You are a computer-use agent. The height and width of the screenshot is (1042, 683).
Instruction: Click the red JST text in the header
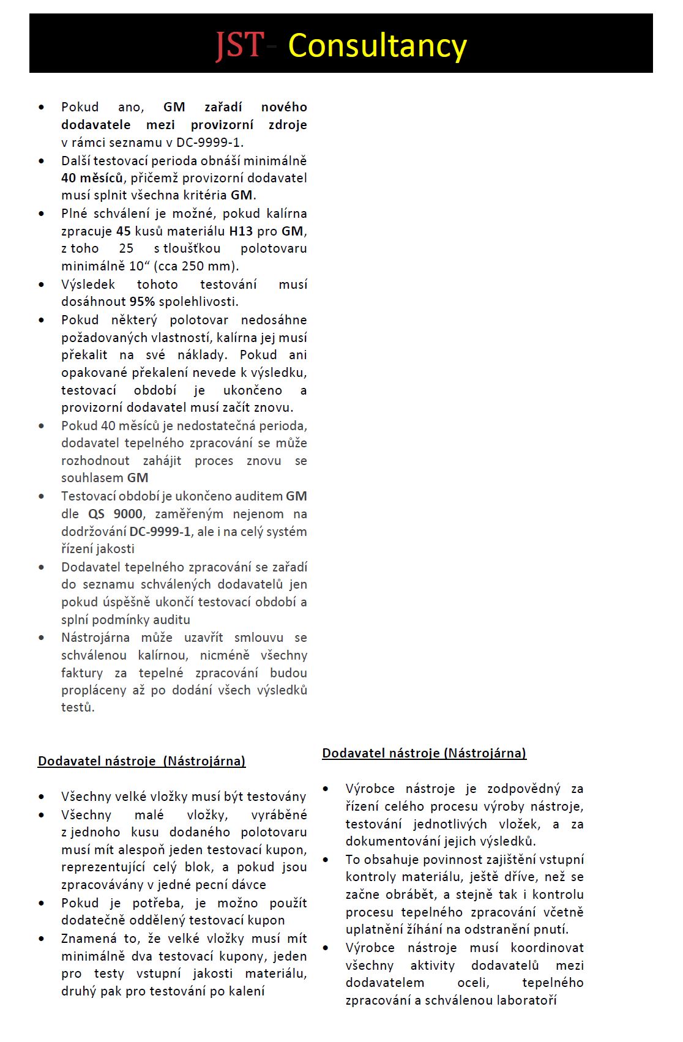click(x=239, y=46)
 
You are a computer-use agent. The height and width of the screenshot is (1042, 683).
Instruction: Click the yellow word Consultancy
click(x=377, y=46)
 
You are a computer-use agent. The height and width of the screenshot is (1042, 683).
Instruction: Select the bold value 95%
click(x=142, y=302)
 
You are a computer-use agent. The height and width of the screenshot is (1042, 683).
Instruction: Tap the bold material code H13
click(x=241, y=231)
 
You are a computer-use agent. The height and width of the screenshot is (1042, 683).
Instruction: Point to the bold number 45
click(x=124, y=231)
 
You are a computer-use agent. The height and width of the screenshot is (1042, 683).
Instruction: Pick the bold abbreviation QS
click(x=97, y=514)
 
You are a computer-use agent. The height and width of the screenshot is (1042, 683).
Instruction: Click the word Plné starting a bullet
click(x=75, y=214)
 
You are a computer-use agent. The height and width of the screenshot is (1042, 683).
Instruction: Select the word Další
click(x=77, y=161)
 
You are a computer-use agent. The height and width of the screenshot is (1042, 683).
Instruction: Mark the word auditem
click(x=259, y=496)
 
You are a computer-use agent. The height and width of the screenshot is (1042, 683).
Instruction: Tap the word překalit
click(x=84, y=355)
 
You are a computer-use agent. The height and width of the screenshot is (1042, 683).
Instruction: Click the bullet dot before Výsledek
click(x=42, y=285)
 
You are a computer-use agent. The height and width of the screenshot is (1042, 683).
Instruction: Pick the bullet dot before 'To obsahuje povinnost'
click(x=326, y=860)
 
